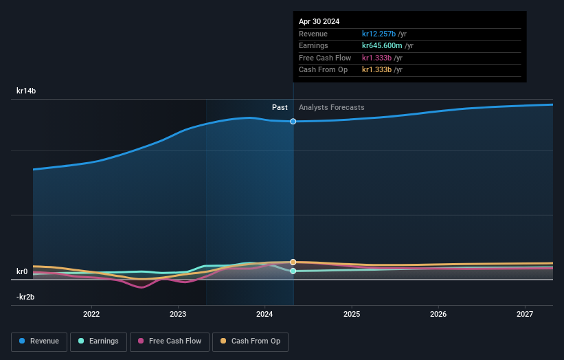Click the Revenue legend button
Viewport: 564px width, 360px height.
click(40, 341)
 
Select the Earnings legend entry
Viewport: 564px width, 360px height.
click(98, 341)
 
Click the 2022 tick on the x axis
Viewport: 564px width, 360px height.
click(91, 315)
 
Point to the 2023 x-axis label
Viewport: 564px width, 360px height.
click(178, 315)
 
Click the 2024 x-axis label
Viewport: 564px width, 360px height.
click(264, 315)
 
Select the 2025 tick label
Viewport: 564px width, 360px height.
click(352, 315)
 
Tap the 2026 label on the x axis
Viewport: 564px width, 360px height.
click(438, 315)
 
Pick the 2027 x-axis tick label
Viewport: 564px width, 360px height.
click(525, 315)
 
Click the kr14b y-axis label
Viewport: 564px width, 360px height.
click(26, 91)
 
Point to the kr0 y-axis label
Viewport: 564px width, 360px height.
click(22, 271)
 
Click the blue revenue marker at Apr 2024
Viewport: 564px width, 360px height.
click(293, 122)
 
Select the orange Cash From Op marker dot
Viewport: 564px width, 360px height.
click(293, 262)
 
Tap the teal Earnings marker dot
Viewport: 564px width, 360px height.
click(293, 271)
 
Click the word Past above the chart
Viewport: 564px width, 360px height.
click(280, 108)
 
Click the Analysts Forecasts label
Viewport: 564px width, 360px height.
click(331, 108)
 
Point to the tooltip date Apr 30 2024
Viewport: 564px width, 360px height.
click(319, 22)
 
